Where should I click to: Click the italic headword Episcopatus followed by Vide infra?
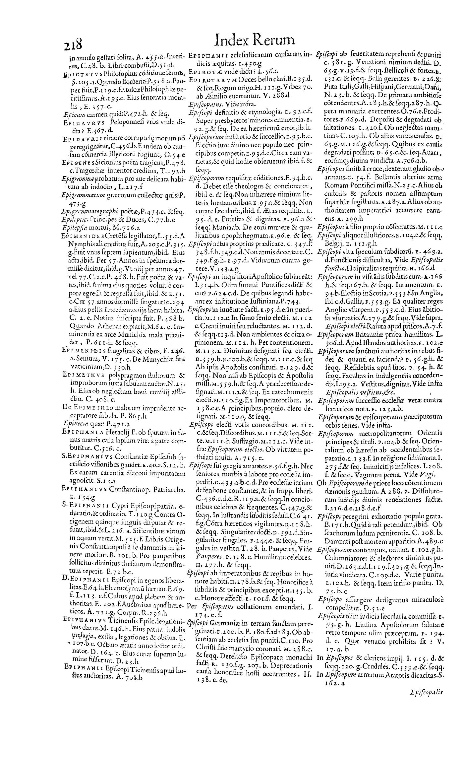click(x=204, y=104)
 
